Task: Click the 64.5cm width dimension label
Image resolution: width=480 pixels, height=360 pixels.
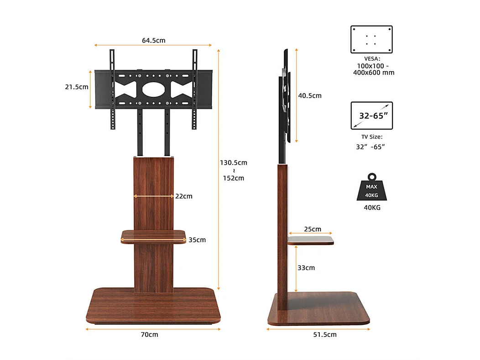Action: point(153,40)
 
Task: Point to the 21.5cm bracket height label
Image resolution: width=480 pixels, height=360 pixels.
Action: point(77,87)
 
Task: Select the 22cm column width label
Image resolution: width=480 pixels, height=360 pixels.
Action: point(184,196)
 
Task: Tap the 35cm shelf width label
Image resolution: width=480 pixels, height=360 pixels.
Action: point(197,240)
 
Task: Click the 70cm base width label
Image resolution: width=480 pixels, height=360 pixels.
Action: point(149,334)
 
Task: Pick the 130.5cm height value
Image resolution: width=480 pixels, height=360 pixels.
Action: point(233,162)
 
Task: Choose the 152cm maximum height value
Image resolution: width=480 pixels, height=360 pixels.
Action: point(233,178)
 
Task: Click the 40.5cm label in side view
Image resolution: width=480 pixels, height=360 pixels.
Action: point(309,95)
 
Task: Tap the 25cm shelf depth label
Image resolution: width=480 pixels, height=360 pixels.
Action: point(313,229)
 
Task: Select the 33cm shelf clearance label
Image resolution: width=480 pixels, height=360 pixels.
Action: point(306,267)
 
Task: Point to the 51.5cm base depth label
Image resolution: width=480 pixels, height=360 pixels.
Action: point(325,334)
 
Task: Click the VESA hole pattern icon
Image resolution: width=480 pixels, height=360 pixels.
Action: point(371,39)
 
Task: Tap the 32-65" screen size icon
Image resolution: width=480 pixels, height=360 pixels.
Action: point(371,115)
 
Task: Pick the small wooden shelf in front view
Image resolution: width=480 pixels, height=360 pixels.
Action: point(154,237)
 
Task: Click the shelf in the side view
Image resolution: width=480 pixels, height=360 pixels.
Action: point(310,240)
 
